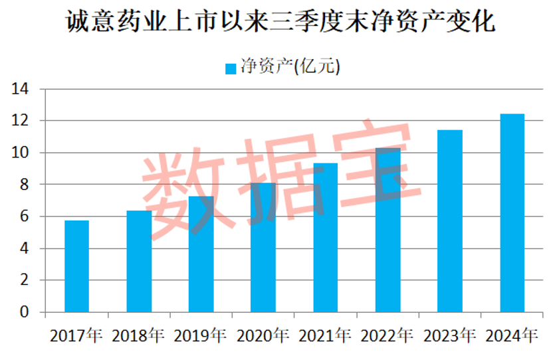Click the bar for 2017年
[76, 266]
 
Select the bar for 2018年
[139, 261]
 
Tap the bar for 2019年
[201, 254]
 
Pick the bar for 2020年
[263, 247]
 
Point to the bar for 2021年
[326, 237]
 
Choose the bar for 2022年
[387, 230]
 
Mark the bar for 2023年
[450, 221]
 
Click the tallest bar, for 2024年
[512, 213]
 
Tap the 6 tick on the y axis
[25, 217]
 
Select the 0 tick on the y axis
[25, 312]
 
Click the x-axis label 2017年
[76, 335]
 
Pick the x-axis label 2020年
[263, 335]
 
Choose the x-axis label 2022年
[387, 335]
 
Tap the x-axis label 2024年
[512, 335]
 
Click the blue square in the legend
[231, 68]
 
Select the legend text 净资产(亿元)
[290, 67]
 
